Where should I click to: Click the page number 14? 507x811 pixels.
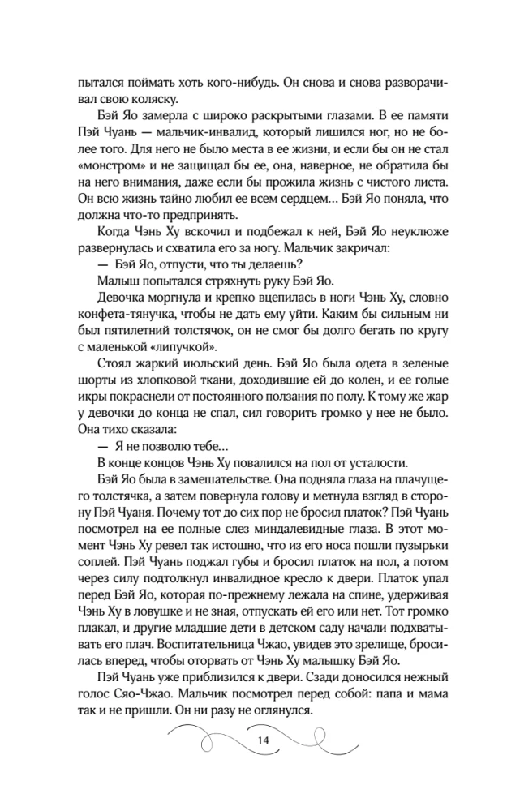(x=262, y=741)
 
